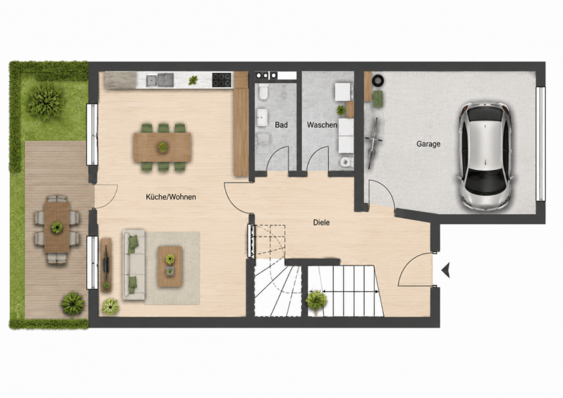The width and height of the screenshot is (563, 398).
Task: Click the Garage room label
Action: [x=428, y=144]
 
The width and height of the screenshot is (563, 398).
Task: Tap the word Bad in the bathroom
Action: [x=281, y=125]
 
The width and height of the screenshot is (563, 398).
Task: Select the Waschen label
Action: [x=322, y=125]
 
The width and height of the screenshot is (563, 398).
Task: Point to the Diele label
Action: [x=321, y=223]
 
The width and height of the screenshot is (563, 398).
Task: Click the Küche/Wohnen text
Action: [x=171, y=197]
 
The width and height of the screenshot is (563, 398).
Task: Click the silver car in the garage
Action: [x=485, y=156]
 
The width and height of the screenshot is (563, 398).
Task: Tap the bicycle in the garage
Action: [x=373, y=143]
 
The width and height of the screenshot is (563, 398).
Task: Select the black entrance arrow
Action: [x=446, y=270]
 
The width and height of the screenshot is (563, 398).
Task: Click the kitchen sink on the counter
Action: [x=160, y=80]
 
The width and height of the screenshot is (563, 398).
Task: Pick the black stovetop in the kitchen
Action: [x=222, y=80]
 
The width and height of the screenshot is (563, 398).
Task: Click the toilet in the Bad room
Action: [x=263, y=92]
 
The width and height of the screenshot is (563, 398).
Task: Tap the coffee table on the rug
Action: [x=170, y=267]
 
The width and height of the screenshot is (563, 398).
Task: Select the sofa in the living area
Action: [x=133, y=265]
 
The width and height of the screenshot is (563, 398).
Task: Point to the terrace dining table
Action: [x=57, y=227]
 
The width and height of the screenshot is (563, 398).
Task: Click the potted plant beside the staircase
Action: [x=316, y=300]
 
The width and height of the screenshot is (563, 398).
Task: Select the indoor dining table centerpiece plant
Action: [x=163, y=147]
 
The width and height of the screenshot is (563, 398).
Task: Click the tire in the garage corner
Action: [x=378, y=80]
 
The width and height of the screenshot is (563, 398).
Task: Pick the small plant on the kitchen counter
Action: [x=193, y=80]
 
